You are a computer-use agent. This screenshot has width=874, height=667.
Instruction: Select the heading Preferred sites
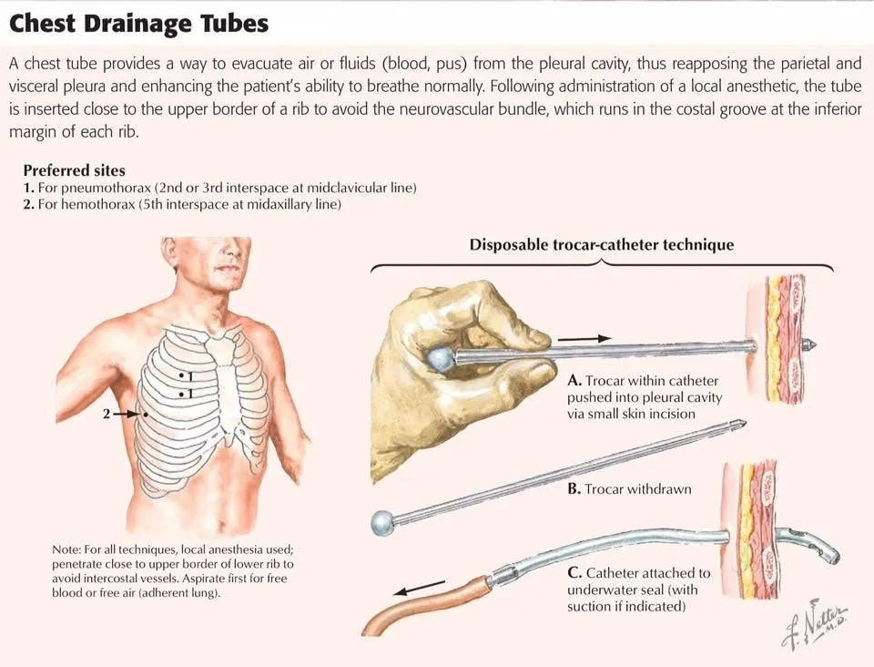(74, 170)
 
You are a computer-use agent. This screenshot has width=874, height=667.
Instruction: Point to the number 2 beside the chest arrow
(106, 414)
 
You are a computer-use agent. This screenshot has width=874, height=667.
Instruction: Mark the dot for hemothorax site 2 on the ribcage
(146, 415)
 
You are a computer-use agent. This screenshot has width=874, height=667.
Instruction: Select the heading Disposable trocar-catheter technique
(602, 245)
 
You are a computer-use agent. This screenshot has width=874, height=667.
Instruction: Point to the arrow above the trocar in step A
(584, 338)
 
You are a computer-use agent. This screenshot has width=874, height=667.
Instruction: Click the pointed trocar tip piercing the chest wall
(810, 344)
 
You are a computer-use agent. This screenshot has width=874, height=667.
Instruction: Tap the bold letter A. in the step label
(574, 381)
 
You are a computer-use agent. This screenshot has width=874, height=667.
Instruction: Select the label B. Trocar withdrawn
(629, 489)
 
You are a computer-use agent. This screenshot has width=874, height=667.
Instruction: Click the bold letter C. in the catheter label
(575, 573)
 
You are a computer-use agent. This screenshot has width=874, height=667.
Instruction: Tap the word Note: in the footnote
(66, 549)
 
